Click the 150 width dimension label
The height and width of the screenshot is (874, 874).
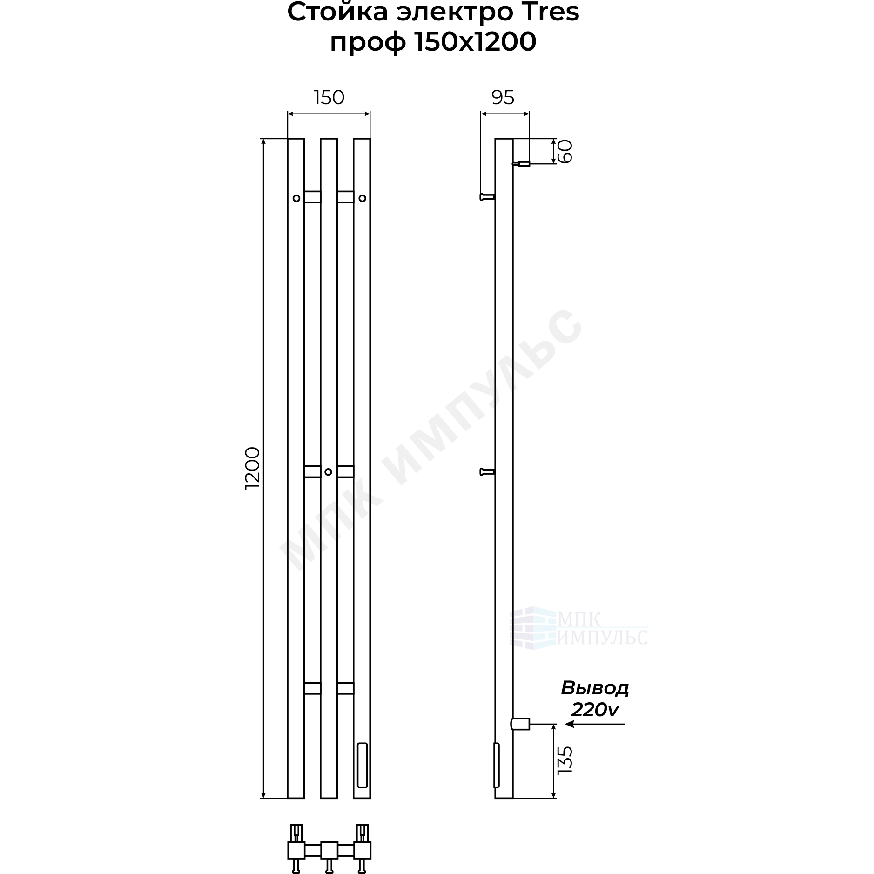tap(329, 98)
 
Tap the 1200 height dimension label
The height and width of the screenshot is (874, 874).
tap(252, 468)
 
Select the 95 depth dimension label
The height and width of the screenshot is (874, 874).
tap(503, 98)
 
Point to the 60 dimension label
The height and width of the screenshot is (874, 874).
tap(564, 151)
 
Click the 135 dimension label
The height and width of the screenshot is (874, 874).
tap(564, 760)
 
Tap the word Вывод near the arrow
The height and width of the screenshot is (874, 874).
tap(595, 688)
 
